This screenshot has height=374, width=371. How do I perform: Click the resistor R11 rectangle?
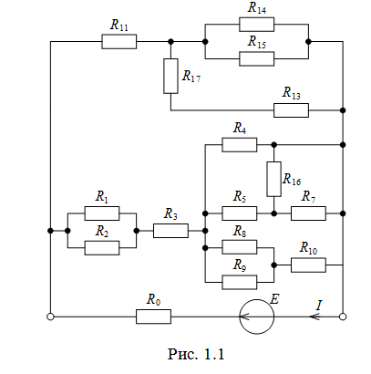(119, 42)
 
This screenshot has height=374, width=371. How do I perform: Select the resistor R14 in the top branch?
(256, 25)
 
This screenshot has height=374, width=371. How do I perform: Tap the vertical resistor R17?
(170, 76)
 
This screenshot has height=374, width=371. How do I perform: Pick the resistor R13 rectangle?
(291, 110)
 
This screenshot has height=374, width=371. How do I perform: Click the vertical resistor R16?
(273, 179)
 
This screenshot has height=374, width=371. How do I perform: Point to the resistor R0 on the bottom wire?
(153, 317)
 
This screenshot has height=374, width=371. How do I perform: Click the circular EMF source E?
(257, 317)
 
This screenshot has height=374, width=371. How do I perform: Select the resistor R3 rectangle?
(170, 231)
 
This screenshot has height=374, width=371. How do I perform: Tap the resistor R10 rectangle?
(308, 265)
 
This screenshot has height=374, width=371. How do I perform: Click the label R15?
(257, 42)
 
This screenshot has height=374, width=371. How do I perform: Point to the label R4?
(240, 129)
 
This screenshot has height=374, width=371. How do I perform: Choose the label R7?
(308, 197)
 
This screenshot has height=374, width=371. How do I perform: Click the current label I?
(319, 305)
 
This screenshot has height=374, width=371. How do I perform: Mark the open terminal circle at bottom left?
(50, 317)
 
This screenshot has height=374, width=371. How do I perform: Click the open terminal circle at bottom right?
(343, 317)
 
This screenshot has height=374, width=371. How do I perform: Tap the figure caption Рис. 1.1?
(196, 354)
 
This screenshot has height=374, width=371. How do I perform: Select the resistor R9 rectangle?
(240, 282)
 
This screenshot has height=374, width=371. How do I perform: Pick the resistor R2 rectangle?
(102, 248)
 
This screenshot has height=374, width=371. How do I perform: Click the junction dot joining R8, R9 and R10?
(273, 265)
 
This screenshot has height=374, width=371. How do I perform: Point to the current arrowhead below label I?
(314, 317)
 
